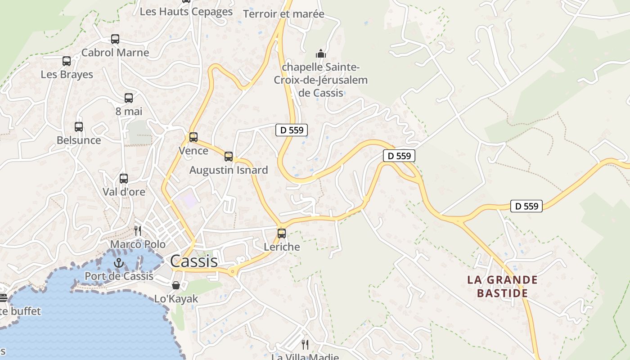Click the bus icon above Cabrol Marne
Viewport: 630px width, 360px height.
[x=115, y=39]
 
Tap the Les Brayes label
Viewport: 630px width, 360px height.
[x=67, y=74]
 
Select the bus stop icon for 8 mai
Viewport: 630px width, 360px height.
[x=129, y=98]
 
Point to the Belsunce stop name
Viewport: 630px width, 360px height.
[x=79, y=140]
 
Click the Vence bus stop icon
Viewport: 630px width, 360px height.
[x=193, y=137]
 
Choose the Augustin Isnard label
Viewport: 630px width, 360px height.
[x=229, y=170]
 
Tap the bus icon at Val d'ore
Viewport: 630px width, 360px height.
[x=124, y=178]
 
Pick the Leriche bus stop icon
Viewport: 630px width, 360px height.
[x=282, y=233]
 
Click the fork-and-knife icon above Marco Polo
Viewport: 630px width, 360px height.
[x=138, y=231]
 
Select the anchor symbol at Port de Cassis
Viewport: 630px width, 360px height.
[x=119, y=263]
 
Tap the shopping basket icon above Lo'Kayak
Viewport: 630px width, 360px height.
[x=176, y=285]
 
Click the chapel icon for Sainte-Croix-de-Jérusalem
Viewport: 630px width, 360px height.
[x=320, y=54]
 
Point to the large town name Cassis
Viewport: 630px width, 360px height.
[x=194, y=261]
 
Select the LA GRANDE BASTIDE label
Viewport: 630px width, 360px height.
[x=502, y=287]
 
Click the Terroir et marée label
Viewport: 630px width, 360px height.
[x=283, y=14]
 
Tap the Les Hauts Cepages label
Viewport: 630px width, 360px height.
[x=186, y=12]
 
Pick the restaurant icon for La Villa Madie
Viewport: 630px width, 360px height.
[x=305, y=345]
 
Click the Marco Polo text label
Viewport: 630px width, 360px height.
[x=138, y=244]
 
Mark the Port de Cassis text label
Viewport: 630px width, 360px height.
[x=119, y=276]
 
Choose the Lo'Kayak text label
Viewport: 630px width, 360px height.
[x=176, y=299]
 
